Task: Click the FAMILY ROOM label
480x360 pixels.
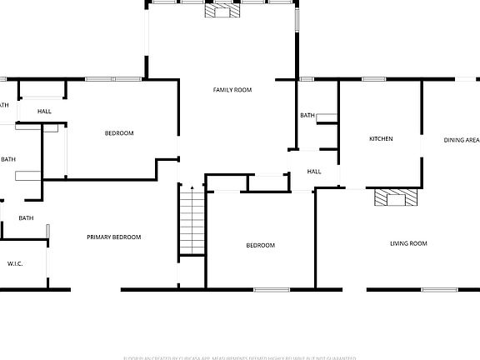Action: click(232, 89)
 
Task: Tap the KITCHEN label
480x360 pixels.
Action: click(381, 138)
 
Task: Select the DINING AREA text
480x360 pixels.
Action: click(461, 140)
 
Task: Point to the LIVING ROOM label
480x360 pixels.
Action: click(408, 243)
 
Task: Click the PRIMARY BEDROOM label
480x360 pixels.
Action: click(114, 237)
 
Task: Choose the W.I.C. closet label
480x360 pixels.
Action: click(15, 263)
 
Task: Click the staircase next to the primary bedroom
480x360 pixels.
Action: click(192, 221)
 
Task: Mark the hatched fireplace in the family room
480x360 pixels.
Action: click(222, 11)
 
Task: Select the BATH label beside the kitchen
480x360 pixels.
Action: click(307, 115)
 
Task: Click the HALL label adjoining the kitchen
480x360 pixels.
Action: click(314, 172)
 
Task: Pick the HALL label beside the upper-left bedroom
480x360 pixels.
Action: click(44, 111)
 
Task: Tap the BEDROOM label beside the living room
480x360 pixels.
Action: click(260, 245)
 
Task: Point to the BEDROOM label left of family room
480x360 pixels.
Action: click(119, 133)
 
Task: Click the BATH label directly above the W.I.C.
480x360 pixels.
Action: click(26, 218)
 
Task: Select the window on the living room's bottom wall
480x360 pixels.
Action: click(438, 289)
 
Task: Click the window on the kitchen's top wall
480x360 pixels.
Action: click(373, 79)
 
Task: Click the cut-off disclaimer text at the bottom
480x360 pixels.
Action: click(240, 357)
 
